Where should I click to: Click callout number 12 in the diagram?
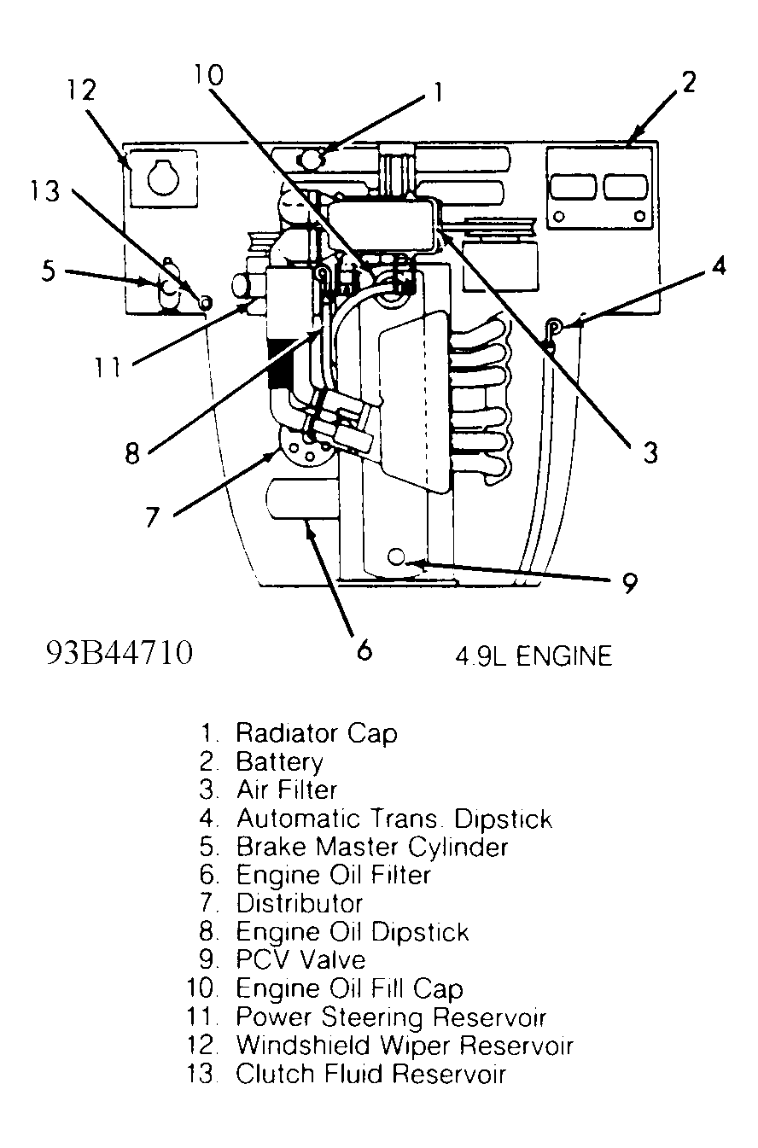pos(82,90)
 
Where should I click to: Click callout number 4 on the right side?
pos(719,266)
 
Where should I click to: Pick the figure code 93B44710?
pos(120,654)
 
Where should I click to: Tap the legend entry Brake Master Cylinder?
pos(371,847)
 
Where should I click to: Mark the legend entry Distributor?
pos(299,903)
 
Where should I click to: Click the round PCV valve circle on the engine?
pos(395,557)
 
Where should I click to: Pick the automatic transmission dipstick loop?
pos(554,325)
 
